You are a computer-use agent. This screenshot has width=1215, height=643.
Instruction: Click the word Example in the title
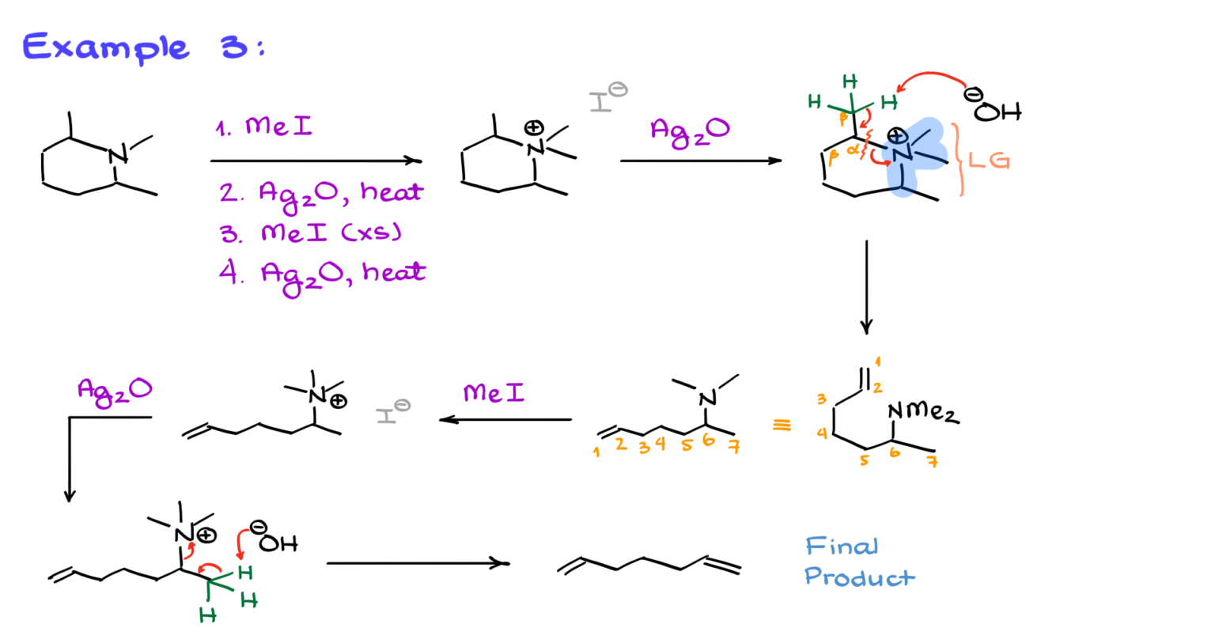click(105, 47)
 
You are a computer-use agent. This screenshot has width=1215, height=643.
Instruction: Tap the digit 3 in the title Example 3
click(235, 47)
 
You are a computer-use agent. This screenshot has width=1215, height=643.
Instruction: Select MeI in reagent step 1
click(278, 126)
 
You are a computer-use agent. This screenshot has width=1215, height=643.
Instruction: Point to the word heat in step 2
click(392, 191)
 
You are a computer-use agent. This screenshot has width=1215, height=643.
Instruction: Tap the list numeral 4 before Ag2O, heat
click(229, 271)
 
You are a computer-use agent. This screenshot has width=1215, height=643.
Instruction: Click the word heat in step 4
click(394, 272)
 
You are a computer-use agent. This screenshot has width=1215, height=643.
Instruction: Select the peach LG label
click(989, 161)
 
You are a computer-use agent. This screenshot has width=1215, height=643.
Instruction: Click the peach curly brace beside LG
click(960, 159)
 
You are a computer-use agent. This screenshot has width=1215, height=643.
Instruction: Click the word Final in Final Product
click(841, 546)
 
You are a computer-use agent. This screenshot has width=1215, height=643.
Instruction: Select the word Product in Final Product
click(859, 577)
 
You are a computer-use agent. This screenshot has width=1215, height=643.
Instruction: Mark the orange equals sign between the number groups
click(782, 426)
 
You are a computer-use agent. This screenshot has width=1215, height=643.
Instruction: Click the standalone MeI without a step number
click(494, 392)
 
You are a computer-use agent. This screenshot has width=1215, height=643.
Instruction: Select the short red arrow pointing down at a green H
click(241, 544)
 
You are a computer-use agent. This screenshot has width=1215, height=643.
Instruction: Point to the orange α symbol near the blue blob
click(853, 149)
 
